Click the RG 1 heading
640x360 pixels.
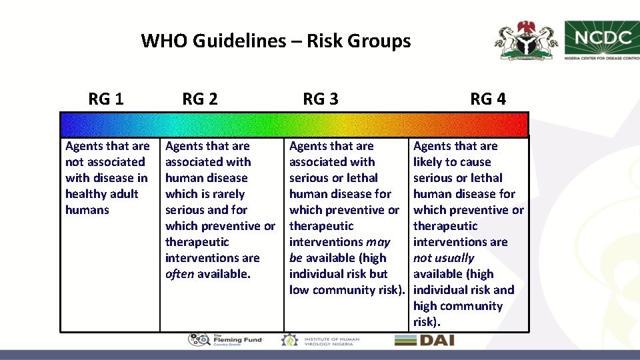tap(105, 99)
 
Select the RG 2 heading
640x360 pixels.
tap(199, 99)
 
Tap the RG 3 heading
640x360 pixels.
tap(320, 99)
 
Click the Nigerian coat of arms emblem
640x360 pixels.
tap(526, 41)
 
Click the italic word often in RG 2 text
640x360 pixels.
tap(179, 274)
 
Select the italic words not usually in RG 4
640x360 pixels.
tap(443, 258)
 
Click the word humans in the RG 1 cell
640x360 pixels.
tap(87, 210)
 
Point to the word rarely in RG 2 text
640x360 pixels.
tap(229, 194)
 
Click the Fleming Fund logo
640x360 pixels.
tap(225, 340)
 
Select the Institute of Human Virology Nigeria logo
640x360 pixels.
tap(321, 340)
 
